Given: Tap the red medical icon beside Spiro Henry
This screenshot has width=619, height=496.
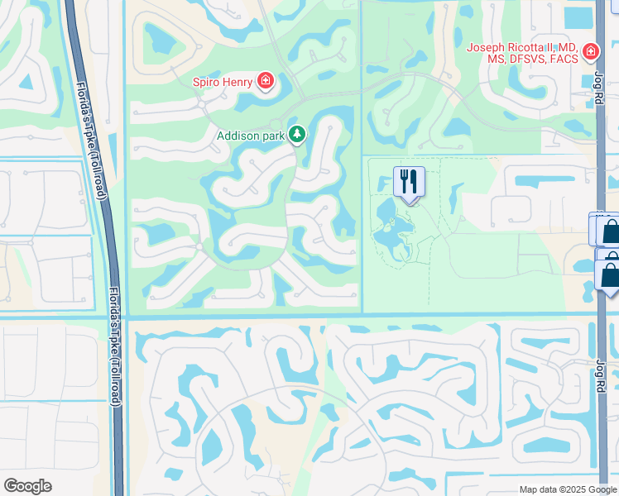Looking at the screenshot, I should [x=266, y=80].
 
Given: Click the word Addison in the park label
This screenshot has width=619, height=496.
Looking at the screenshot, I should [x=239, y=135].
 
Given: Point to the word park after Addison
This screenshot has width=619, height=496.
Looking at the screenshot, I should [x=273, y=135].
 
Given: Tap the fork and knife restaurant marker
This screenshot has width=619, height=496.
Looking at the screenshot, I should [x=408, y=183].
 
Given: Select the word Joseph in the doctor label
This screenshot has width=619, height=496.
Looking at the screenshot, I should [x=485, y=47].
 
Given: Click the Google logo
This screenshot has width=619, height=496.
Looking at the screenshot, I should [x=27, y=486].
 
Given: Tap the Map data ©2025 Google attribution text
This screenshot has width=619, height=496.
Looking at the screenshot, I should [x=567, y=489].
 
